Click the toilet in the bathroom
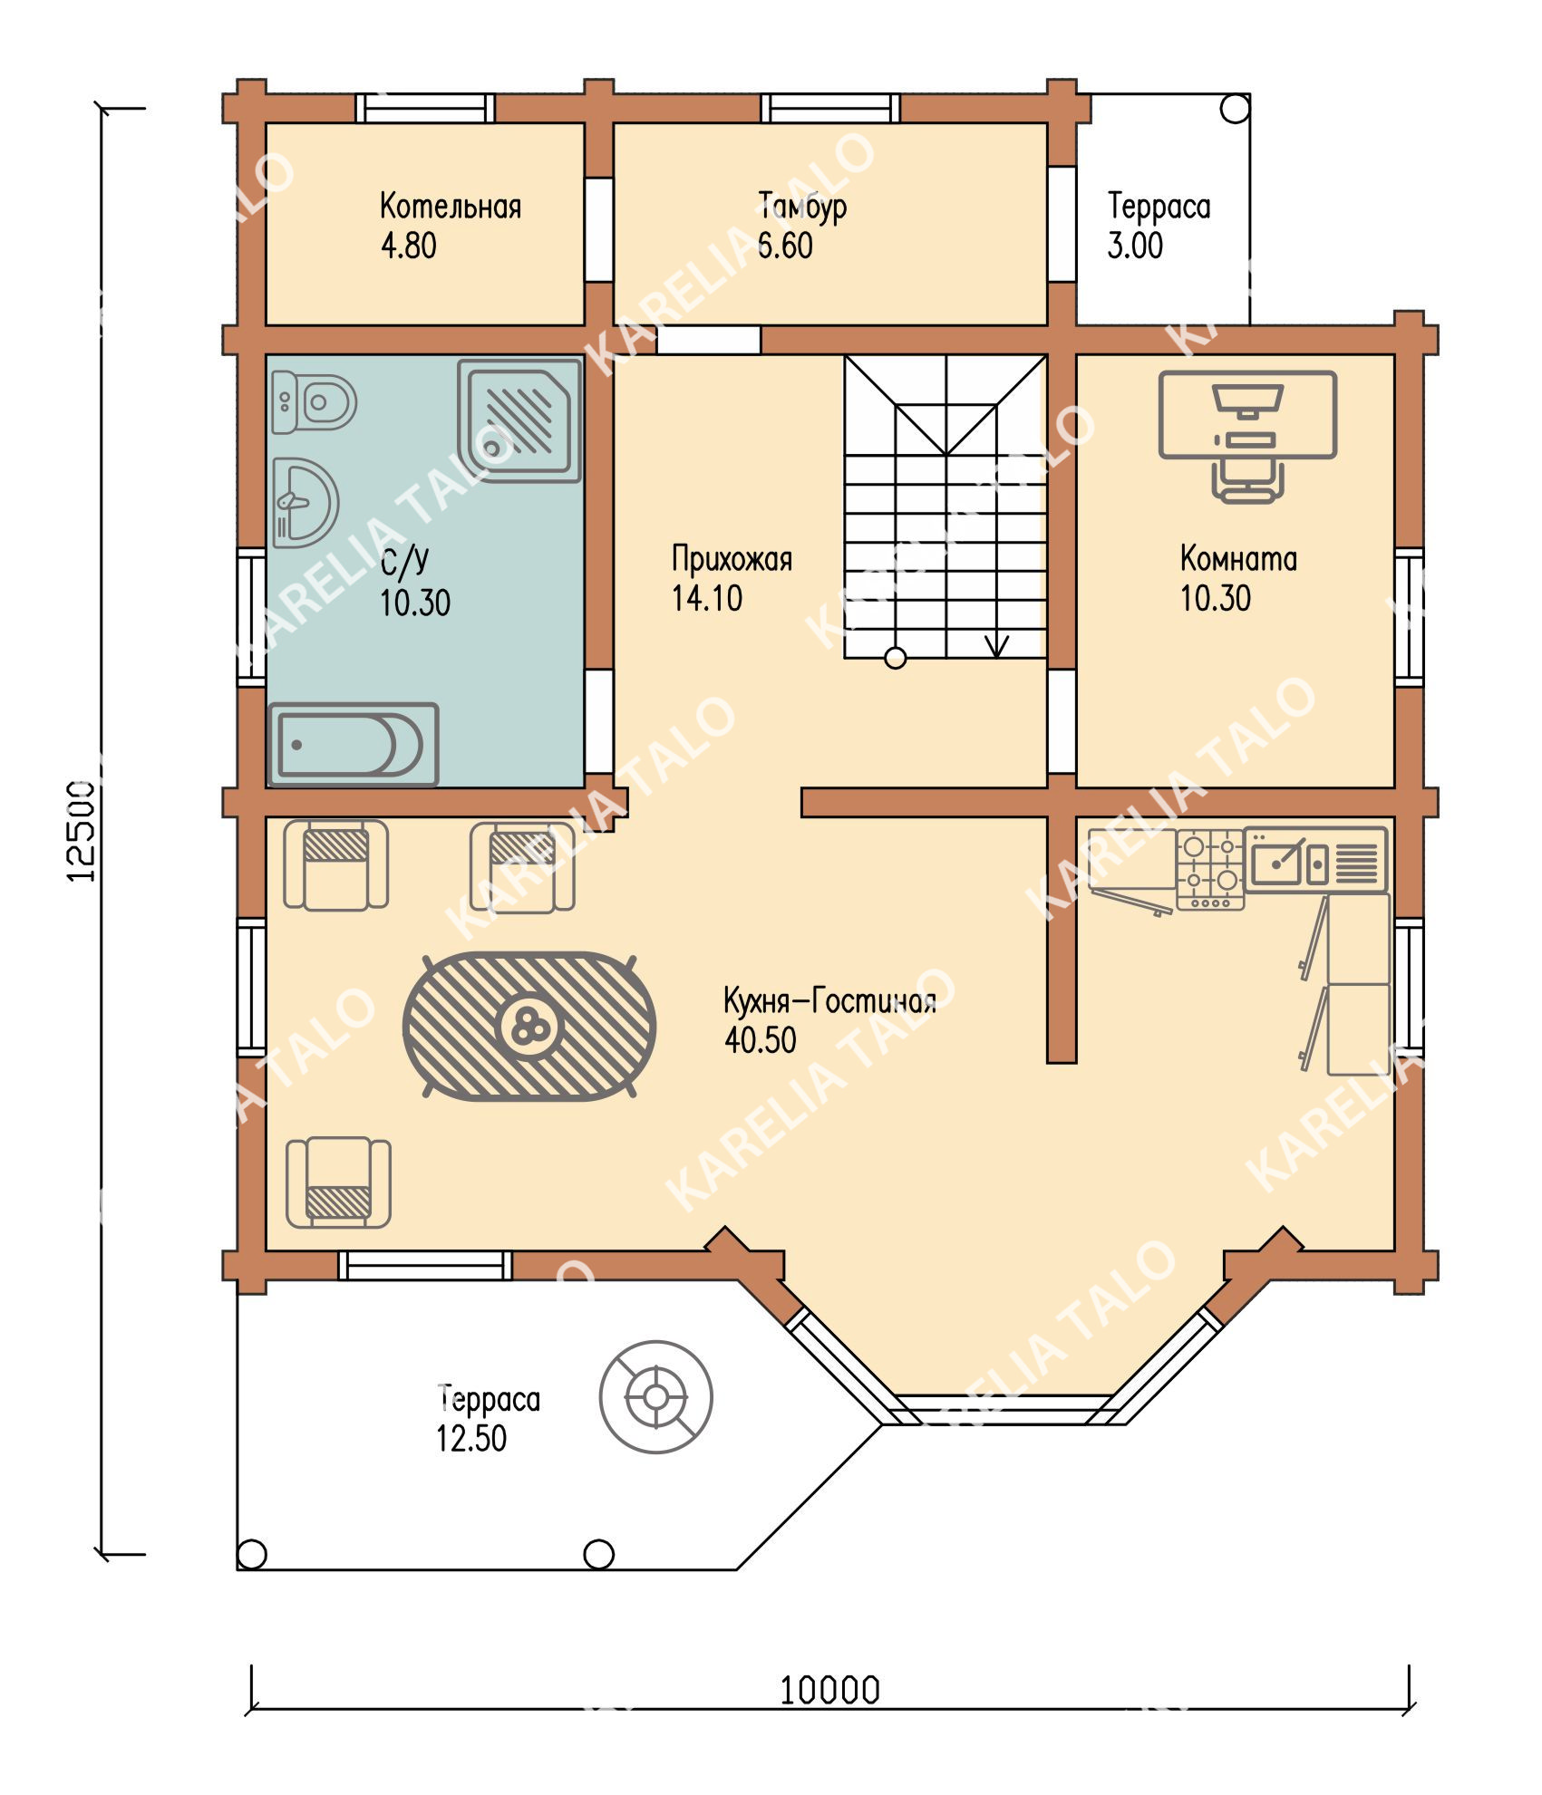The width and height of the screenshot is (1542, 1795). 314,401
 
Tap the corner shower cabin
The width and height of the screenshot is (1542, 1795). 519,420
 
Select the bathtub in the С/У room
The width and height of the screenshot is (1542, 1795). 354,745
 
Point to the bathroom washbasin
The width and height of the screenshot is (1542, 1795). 305,503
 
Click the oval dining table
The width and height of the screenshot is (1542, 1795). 529,1026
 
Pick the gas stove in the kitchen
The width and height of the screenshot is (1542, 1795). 1210,869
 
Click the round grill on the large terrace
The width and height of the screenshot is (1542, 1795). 655,1396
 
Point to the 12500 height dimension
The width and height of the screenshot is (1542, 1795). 82,831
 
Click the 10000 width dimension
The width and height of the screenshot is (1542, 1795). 829,1690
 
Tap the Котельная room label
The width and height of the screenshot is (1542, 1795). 451,207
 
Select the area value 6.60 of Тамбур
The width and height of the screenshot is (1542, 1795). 785,246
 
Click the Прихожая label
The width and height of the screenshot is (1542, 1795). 732,559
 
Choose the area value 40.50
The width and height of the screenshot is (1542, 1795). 760,1040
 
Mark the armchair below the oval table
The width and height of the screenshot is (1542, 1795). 339,1182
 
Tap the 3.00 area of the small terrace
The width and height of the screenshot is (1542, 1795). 1135,246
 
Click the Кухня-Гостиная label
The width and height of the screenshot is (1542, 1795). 829,1001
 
